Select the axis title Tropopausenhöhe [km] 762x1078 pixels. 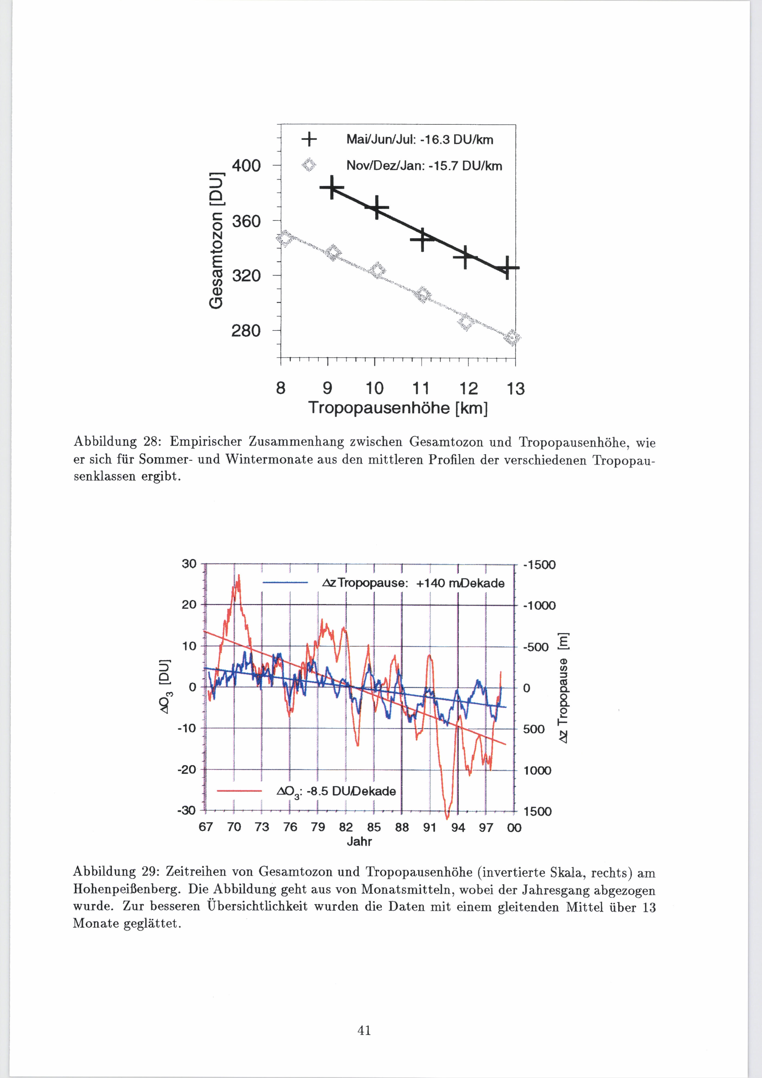(x=398, y=408)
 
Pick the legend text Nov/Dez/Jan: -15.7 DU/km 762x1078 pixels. (x=424, y=166)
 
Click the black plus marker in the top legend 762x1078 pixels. (x=309, y=139)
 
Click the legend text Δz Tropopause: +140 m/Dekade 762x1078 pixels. (x=413, y=583)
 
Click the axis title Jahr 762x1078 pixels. (x=359, y=841)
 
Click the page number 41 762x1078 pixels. (x=364, y=1031)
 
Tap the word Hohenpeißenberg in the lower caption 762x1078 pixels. (x=126, y=889)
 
